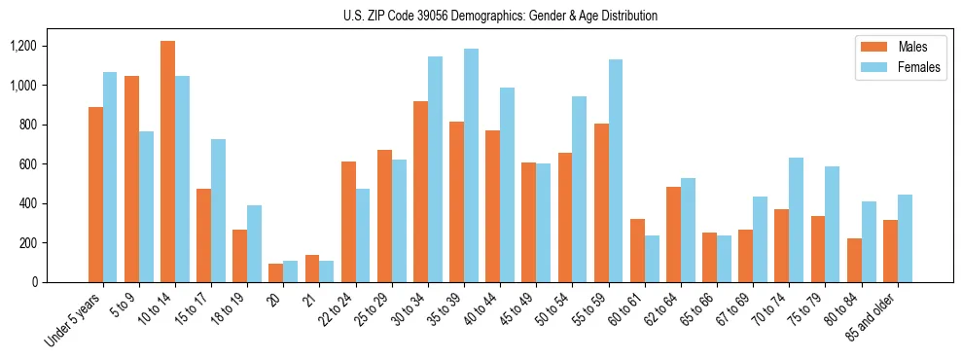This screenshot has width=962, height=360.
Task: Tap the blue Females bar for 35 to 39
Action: [471, 165]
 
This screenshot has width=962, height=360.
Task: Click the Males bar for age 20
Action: [276, 272]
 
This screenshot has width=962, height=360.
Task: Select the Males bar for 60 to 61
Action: [637, 250]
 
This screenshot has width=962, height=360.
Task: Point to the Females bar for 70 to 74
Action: [796, 220]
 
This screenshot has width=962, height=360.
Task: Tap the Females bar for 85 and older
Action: [905, 238]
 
